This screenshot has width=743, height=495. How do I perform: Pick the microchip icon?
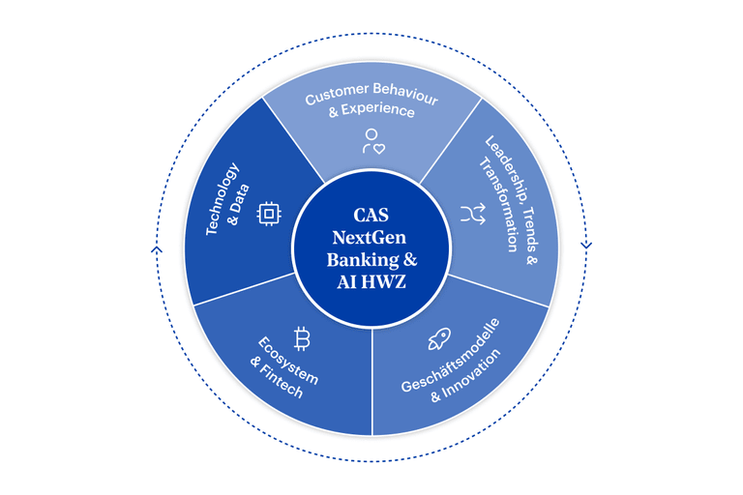point(266,215)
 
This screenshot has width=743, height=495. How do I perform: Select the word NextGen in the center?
point(371,239)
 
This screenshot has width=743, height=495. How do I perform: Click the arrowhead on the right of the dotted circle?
point(585,246)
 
